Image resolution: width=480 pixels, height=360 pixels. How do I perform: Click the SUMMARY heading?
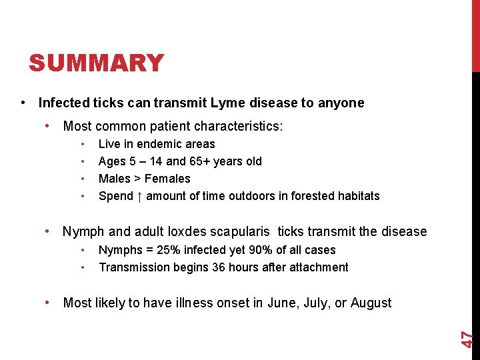pyautogui.click(x=96, y=63)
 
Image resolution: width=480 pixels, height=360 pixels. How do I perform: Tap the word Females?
pyautogui.click(x=167, y=179)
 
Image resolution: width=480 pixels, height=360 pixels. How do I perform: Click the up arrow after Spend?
pyautogui.click(x=139, y=196)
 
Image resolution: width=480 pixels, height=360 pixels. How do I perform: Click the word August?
pyautogui.click(x=371, y=303)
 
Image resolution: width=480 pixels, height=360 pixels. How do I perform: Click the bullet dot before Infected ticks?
pyautogui.click(x=24, y=103)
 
